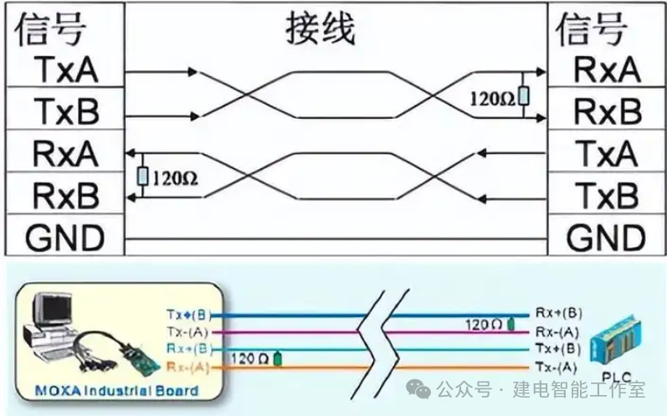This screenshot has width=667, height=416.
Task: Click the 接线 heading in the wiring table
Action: pyautogui.click(x=321, y=30)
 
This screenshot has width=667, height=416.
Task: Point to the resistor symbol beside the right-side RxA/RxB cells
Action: pyautogui.click(x=523, y=97)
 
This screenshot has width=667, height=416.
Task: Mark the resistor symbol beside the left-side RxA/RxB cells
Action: pyautogui.click(x=142, y=176)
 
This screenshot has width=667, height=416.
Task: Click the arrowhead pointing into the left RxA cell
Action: pyautogui.click(x=131, y=153)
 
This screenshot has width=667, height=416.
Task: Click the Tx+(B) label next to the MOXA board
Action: pyautogui.click(x=188, y=315)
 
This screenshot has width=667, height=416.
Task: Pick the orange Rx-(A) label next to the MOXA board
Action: pyautogui.click(x=188, y=367)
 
